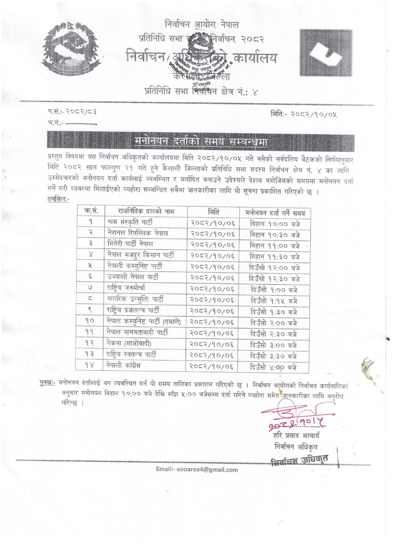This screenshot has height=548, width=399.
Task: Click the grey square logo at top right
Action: [x=326, y=53]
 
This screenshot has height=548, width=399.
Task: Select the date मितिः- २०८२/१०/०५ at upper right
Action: [x=304, y=115]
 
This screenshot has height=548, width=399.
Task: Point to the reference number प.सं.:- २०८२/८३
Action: [x=72, y=112]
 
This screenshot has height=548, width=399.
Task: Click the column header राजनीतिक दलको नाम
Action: [x=146, y=211]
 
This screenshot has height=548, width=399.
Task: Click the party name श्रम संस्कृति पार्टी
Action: [x=130, y=222]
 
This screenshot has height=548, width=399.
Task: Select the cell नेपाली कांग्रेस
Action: [x=124, y=365]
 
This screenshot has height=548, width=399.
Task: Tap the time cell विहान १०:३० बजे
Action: [x=275, y=235]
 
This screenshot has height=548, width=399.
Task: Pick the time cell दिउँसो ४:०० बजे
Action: [x=273, y=367]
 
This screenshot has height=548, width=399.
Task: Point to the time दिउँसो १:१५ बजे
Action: [x=274, y=301]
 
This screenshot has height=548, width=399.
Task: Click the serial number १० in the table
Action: [x=90, y=321]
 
